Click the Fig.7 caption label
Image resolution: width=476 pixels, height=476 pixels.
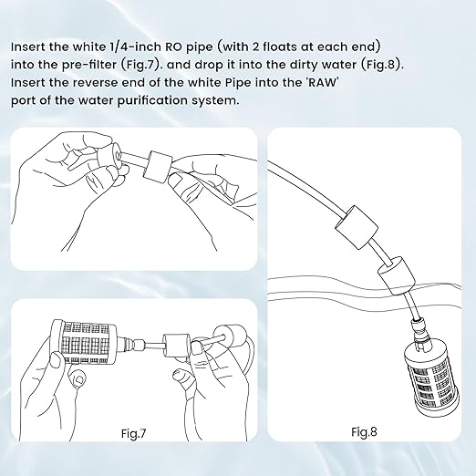(133, 433)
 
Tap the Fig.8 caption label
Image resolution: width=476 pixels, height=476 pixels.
(364, 431)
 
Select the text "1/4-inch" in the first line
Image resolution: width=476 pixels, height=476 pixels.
(135, 47)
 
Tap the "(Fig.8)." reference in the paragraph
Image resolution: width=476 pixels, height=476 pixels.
(382, 65)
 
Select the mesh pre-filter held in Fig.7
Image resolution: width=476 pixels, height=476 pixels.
(84, 342)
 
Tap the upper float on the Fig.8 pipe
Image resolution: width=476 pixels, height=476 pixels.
(357, 227)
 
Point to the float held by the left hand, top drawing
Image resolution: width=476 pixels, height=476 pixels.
(109, 155)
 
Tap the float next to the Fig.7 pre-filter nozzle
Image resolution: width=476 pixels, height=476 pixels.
(176, 345)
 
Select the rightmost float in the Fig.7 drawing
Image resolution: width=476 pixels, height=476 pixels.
(230, 336)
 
